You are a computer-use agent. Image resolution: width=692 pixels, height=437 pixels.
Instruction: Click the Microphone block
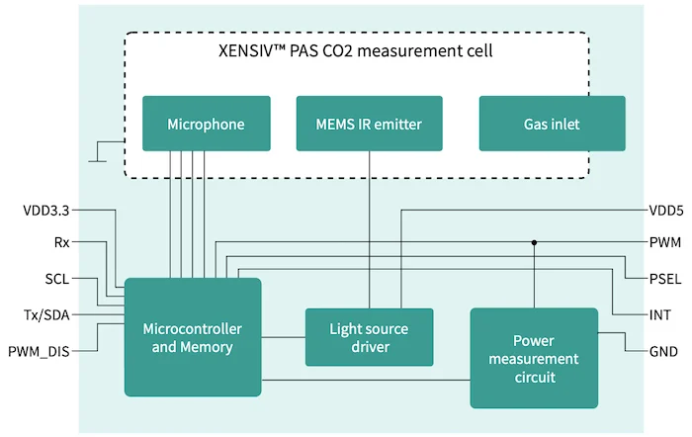206,124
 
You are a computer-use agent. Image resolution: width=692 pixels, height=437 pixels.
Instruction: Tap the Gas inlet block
552,124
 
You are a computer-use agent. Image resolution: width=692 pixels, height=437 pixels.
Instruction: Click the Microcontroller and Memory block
193,337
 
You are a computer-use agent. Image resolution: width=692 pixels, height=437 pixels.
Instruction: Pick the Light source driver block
369,337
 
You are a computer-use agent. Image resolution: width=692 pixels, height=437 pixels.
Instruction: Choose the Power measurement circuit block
534,357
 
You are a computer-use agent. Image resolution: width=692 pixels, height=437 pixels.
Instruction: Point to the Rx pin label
61,241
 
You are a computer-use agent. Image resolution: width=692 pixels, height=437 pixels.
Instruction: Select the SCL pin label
56,279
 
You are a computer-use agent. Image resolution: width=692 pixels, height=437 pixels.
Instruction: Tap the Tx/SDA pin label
45,314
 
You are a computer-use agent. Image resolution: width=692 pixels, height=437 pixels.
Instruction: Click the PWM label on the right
664,241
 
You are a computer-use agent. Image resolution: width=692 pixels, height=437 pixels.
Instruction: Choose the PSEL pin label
664,279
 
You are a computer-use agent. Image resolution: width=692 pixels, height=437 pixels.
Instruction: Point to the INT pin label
659,314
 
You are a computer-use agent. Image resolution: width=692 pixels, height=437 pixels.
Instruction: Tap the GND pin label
662,351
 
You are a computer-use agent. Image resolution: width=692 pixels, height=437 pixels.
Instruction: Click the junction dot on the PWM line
534,241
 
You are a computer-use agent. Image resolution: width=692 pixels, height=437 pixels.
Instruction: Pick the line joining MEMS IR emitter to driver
370,227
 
